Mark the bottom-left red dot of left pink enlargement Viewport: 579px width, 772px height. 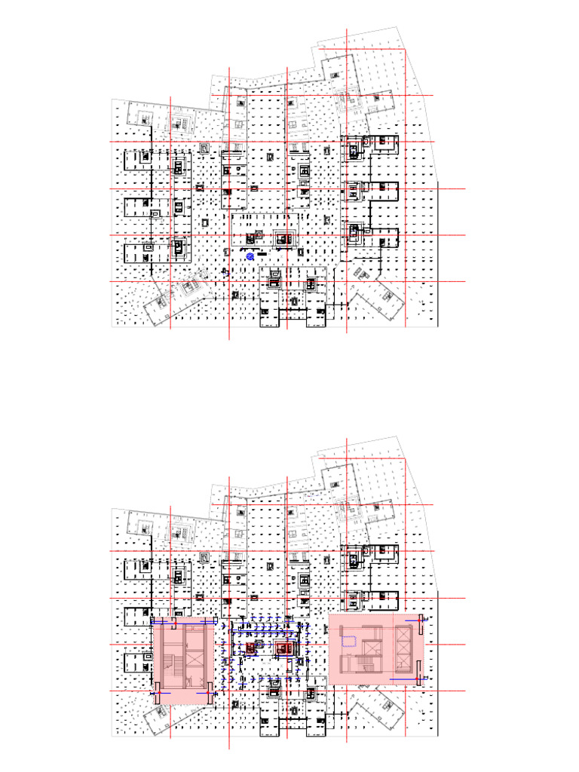coord(157,691)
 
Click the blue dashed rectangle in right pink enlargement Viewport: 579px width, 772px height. coord(349,642)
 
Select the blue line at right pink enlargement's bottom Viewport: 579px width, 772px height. coord(403,679)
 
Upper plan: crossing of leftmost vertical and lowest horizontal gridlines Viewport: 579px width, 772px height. coord(171,281)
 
